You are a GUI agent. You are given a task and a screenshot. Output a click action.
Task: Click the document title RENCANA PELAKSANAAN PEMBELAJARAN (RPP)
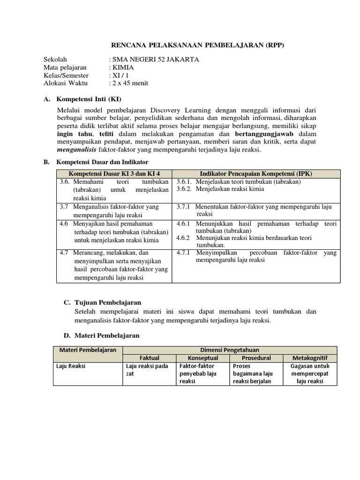[197, 45]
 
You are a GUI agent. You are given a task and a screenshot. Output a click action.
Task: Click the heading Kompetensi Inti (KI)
[89, 99]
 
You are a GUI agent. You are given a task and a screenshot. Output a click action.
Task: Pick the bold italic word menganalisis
[77, 150]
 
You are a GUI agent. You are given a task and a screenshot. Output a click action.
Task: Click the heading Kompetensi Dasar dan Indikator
[102, 162]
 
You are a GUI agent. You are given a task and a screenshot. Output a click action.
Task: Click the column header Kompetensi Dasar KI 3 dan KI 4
[114, 173]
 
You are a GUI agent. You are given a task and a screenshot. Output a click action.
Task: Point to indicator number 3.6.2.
[185, 189]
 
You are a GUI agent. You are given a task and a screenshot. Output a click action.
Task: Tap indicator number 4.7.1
[185, 253]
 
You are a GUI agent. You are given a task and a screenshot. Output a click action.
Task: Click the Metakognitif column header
[310, 358]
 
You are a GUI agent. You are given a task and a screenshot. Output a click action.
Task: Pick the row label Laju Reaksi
[67, 366]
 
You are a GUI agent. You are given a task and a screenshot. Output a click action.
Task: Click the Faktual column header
[147, 358]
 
